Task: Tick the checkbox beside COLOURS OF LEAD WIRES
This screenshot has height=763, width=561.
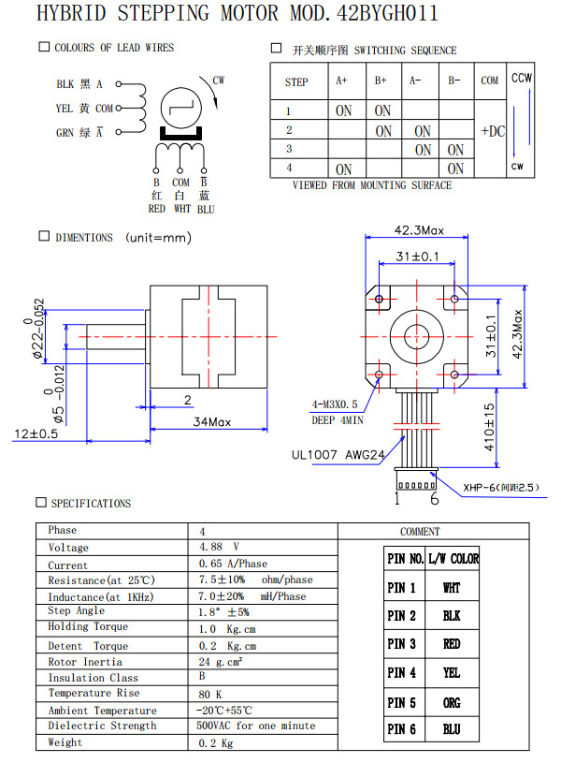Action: coord(44,47)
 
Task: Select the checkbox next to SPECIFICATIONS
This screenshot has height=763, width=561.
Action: coord(40,503)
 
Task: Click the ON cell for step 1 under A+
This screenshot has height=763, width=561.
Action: coord(344,111)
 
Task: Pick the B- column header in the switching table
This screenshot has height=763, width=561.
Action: coord(454,81)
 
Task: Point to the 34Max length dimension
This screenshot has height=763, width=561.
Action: coord(212,422)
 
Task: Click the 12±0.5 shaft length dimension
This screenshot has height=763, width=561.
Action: coord(36,433)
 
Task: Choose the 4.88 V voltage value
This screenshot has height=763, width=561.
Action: coord(220,547)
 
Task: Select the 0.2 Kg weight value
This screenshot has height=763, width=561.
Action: coord(216,742)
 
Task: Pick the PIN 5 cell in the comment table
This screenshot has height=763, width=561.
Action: coord(402,702)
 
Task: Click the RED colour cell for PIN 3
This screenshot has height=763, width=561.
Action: coord(452,644)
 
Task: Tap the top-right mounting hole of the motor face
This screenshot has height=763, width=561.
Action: coord(454,298)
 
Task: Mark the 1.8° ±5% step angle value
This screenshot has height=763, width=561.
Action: coord(225,610)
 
